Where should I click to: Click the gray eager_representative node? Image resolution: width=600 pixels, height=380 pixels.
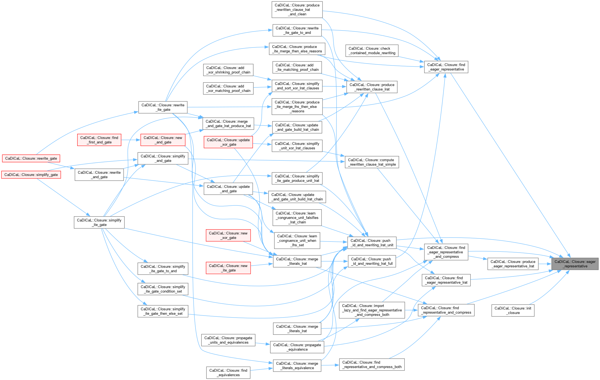tap(575, 264)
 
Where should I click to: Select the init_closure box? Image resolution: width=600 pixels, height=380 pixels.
tap(513, 310)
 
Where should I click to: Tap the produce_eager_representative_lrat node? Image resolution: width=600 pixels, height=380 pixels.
tap(513, 264)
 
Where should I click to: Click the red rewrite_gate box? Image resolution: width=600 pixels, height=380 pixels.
tap(31, 158)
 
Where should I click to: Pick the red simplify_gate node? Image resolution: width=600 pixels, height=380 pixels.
tap(31, 175)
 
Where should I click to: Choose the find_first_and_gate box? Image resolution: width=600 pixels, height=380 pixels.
tap(99, 140)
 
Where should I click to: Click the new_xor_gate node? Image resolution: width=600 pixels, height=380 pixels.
tap(228, 235)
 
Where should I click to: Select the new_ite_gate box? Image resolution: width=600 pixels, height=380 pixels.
tap(228, 268)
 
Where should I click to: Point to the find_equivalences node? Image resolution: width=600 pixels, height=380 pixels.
tap(228, 373)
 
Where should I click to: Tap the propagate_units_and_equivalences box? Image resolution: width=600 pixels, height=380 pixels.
tap(228, 340)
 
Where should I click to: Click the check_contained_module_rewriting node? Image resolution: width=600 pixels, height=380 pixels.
tap(372, 51)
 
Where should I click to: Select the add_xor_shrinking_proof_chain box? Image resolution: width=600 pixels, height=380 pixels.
tap(228, 70)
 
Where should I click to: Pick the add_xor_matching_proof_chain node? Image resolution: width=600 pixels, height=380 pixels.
tap(228, 88)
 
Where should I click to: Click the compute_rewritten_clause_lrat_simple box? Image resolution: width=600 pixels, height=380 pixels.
tap(372, 162)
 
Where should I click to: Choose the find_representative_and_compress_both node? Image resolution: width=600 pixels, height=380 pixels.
tap(372, 364)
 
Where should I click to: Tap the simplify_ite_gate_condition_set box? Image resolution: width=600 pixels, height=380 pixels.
tap(163, 289)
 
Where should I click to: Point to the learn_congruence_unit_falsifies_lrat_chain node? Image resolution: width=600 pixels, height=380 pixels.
tap(297, 218)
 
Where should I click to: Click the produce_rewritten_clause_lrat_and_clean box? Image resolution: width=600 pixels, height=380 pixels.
tap(297, 9)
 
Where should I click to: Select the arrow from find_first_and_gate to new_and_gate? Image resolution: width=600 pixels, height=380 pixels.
tap(131, 140)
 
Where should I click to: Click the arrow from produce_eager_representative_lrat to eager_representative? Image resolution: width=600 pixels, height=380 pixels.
tap(545, 264)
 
